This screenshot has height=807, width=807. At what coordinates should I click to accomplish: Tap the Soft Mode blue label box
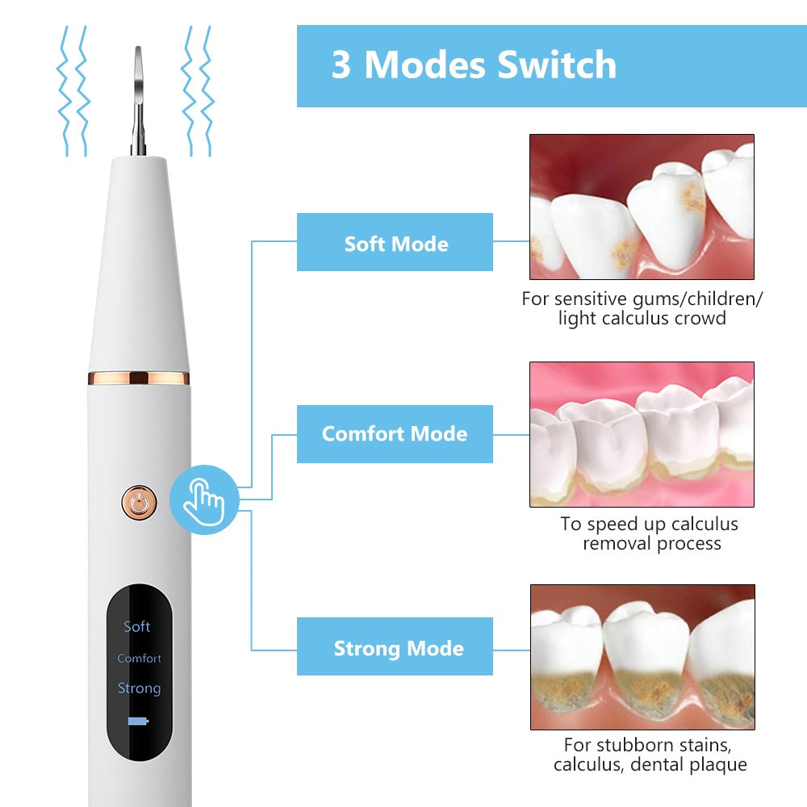click(395, 243)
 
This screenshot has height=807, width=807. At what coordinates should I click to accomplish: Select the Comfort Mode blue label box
click(395, 434)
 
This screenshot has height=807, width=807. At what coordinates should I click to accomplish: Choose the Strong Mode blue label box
click(395, 647)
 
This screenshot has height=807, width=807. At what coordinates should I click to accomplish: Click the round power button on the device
click(140, 503)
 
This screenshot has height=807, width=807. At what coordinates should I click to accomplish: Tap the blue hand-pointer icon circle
click(204, 500)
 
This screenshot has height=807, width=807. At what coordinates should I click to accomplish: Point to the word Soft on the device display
click(137, 626)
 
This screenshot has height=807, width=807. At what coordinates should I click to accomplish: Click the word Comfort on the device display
click(139, 659)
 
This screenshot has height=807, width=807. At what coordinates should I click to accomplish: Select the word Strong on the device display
click(139, 688)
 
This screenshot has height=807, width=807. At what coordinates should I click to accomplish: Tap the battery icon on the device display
click(139, 721)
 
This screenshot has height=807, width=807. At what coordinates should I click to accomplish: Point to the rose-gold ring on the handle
click(138, 378)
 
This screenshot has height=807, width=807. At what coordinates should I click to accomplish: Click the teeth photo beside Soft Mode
click(642, 207)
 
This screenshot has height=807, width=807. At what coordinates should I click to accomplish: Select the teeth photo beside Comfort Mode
click(642, 434)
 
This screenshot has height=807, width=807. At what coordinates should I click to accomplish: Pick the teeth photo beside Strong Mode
click(642, 657)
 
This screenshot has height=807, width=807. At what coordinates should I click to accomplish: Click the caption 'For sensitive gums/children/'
click(642, 299)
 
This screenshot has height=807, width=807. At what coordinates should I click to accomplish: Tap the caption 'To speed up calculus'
click(649, 524)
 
